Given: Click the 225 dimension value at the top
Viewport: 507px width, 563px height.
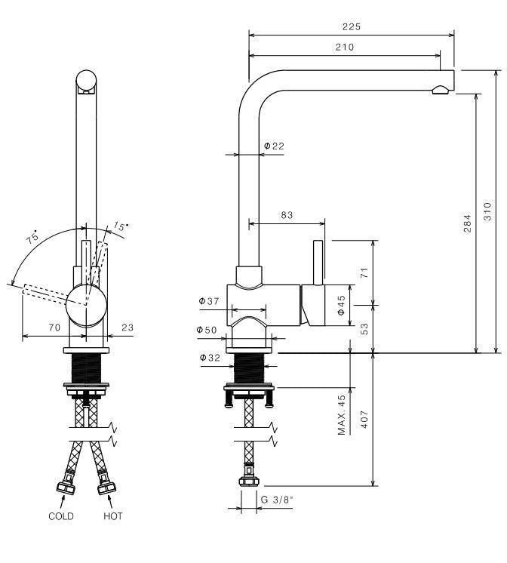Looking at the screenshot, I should pyautogui.click(x=351, y=26).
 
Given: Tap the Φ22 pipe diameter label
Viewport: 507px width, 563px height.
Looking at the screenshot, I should pyautogui.click(x=274, y=146).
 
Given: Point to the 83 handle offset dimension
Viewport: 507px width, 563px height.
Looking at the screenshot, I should pyautogui.click(x=287, y=215).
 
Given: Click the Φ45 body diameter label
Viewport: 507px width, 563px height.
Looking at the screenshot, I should pyautogui.click(x=341, y=305).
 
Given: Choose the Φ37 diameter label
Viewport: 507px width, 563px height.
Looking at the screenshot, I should pyautogui.click(x=209, y=302).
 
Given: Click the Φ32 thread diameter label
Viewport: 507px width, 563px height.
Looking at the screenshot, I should pyautogui.click(x=209, y=358).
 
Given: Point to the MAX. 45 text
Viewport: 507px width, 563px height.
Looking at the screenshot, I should pyautogui.click(x=342, y=415).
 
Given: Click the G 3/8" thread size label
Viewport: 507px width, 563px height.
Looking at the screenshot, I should pyautogui.click(x=276, y=500).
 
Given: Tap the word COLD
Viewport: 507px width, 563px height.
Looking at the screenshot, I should pyautogui.click(x=61, y=516).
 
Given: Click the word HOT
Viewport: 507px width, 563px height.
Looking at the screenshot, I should pyautogui.click(x=112, y=516).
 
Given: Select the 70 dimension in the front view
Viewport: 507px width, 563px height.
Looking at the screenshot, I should pyautogui.click(x=54, y=328).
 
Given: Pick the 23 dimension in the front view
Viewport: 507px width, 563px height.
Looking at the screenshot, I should pyautogui.click(x=127, y=328).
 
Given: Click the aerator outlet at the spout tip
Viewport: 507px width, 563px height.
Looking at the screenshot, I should pyautogui.click(x=439, y=91).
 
